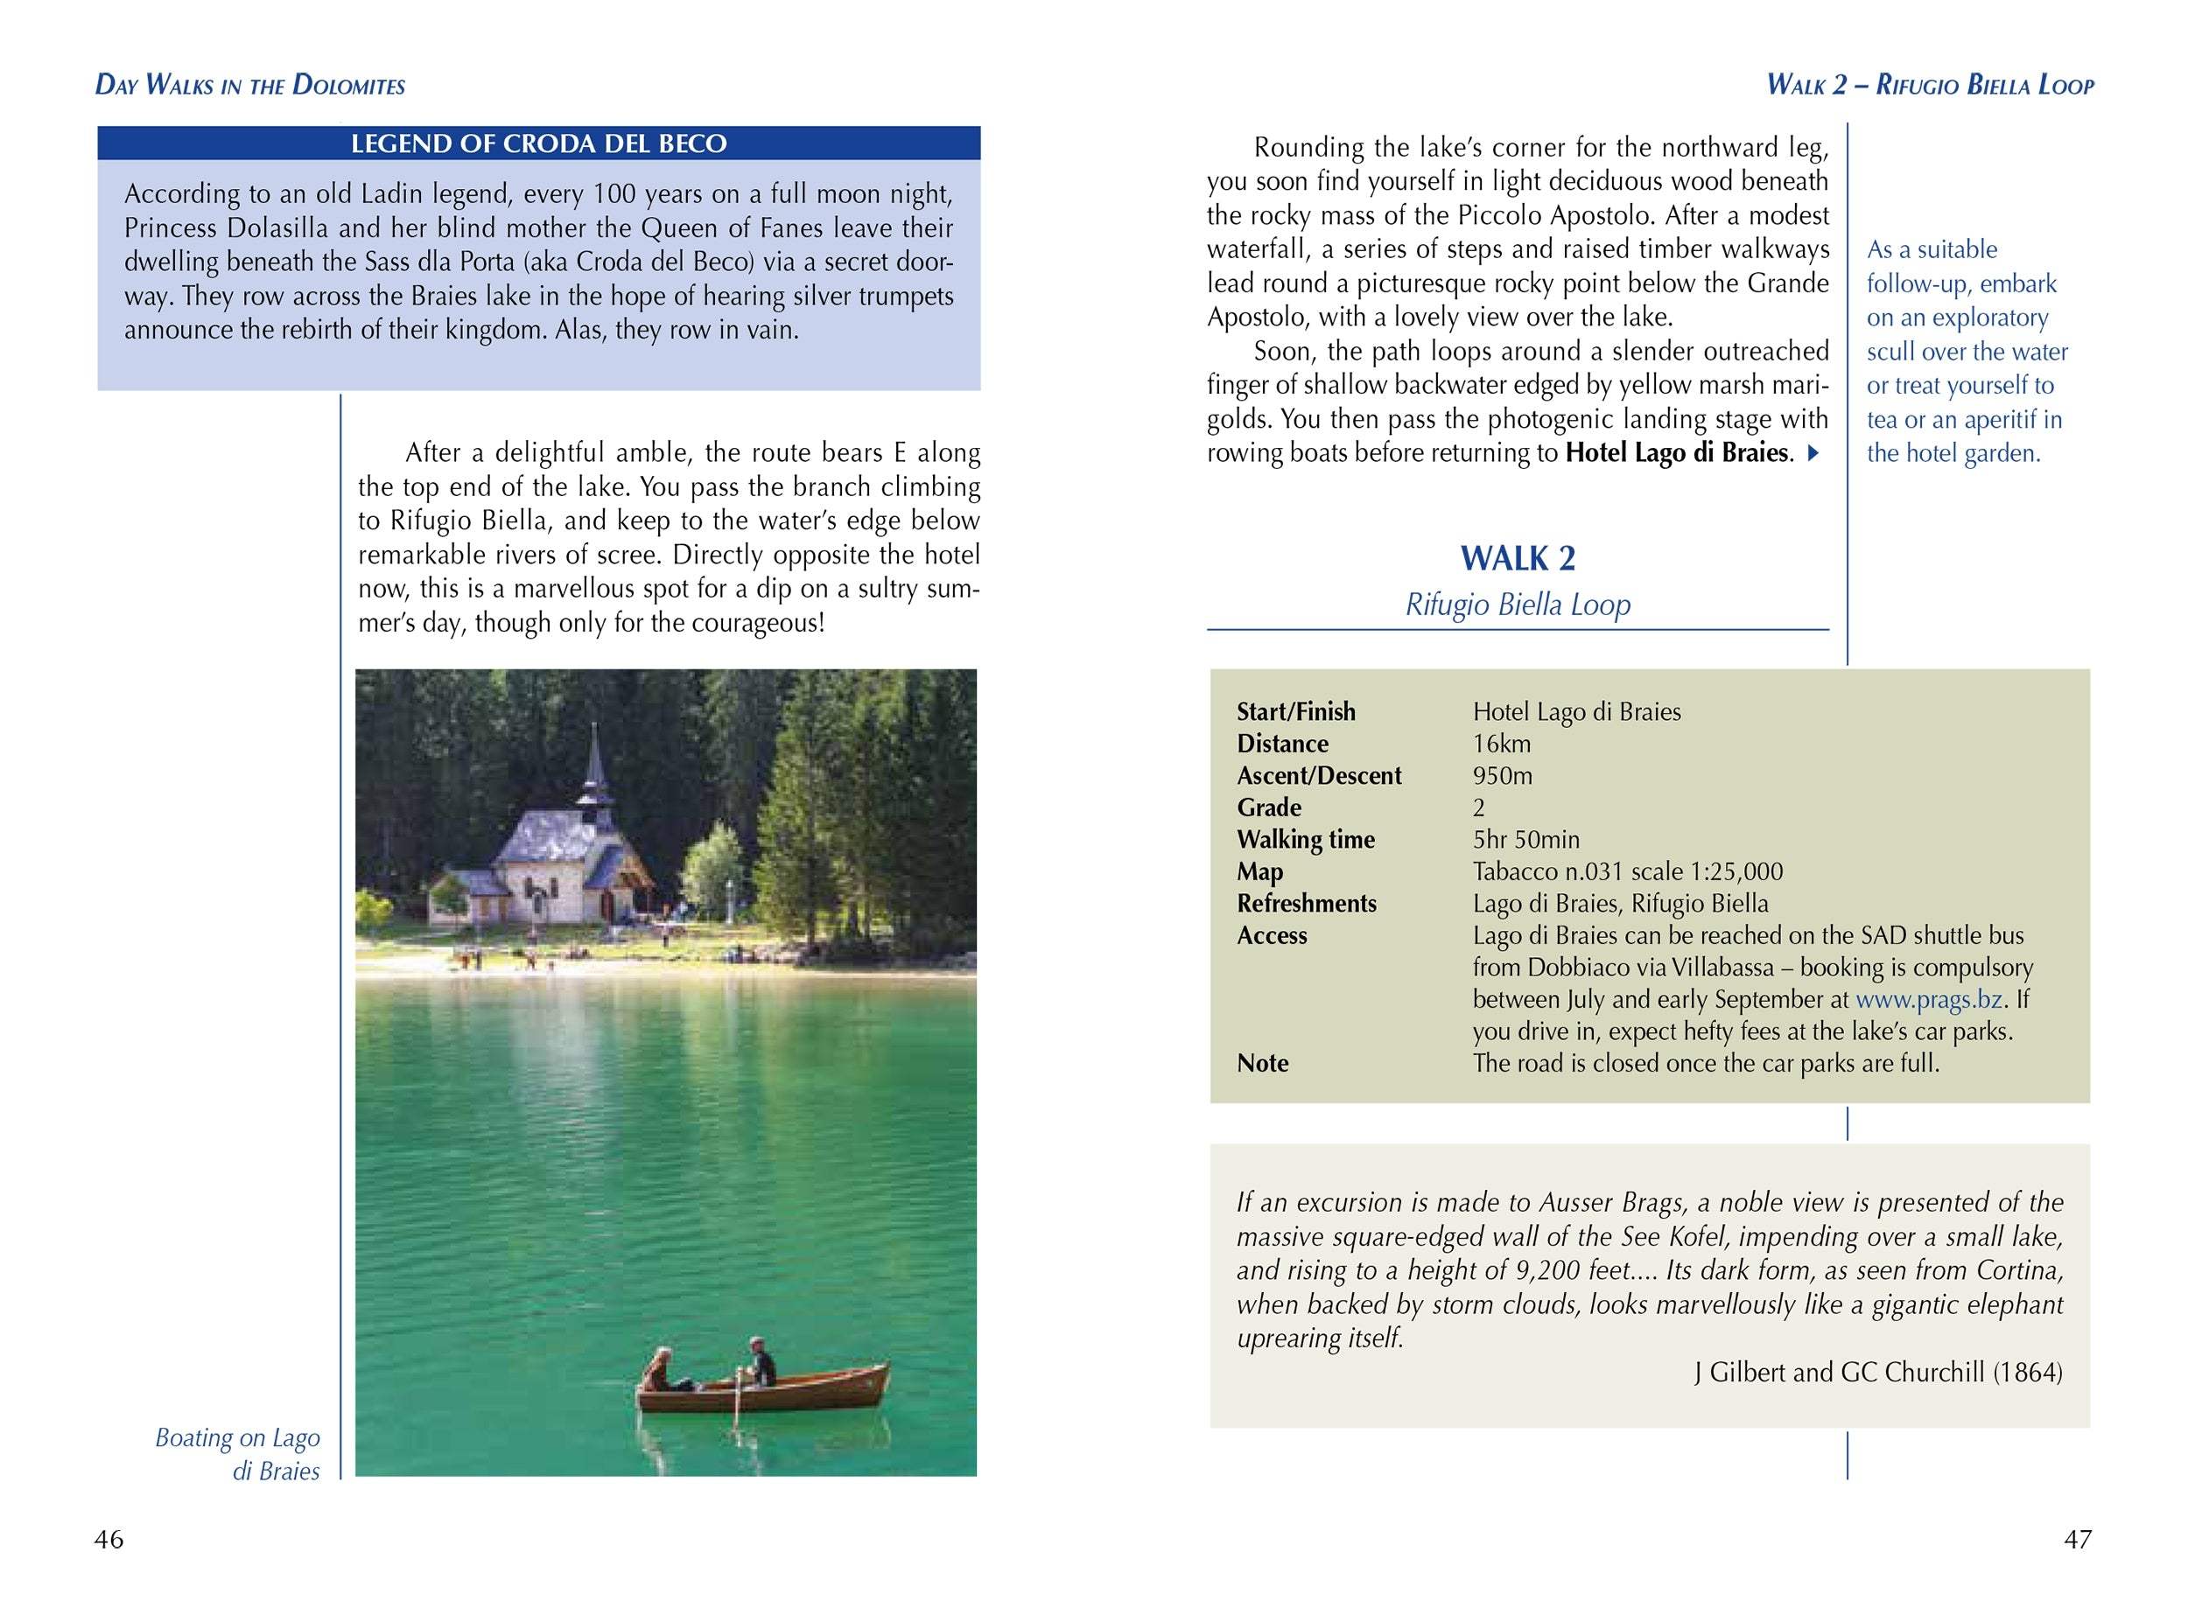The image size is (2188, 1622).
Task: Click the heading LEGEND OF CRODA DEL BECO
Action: coord(538,143)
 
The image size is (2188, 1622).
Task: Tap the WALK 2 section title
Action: coord(1518,559)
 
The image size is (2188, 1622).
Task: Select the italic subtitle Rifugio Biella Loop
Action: coord(1518,604)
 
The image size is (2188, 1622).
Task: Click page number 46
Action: coord(109,1540)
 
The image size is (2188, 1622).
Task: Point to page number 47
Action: coord(2077,1540)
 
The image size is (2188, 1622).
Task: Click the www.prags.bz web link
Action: coord(1929,999)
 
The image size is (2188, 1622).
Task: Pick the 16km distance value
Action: coord(1502,744)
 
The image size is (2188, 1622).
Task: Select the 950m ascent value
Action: coord(1502,776)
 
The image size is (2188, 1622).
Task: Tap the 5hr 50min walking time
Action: coord(1525,840)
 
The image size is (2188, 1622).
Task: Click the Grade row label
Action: coord(1269,808)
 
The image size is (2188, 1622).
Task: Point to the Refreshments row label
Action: coord(1306,903)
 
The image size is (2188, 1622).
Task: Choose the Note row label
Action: coord(1262,1063)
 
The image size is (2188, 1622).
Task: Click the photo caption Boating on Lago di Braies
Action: coord(239,1454)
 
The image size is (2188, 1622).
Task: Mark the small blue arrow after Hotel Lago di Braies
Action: coord(1813,453)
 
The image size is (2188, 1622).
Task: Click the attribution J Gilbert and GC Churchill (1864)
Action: coord(1877,1372)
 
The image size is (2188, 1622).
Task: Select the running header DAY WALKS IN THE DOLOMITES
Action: coord(250,86)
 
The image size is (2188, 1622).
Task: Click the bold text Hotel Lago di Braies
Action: coord(1676,452)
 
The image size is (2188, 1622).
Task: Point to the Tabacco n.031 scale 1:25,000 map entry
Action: coord(1627,872)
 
